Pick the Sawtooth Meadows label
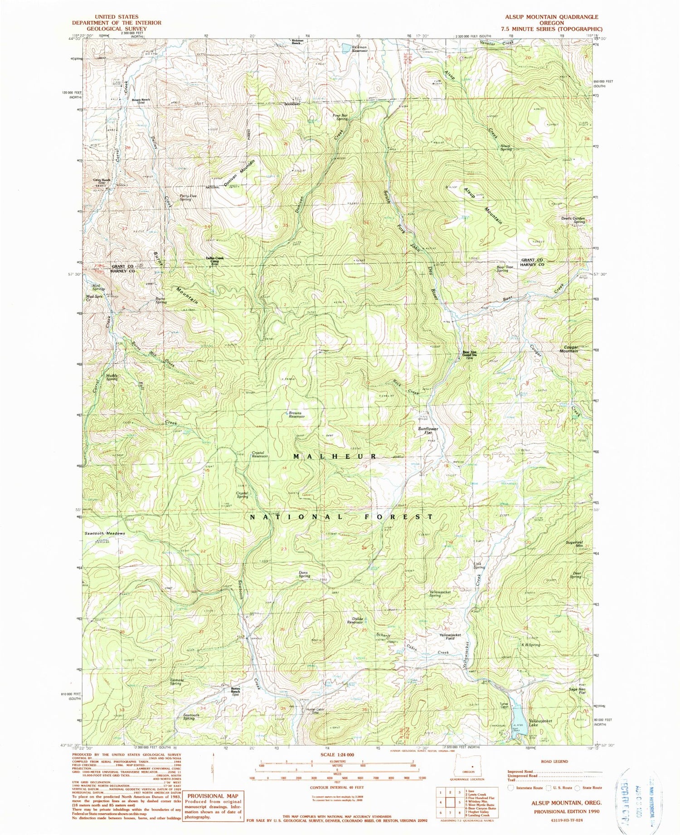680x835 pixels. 104,533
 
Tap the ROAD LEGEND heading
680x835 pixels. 554,761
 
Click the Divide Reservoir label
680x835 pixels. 358,620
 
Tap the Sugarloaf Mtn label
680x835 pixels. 576,544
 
